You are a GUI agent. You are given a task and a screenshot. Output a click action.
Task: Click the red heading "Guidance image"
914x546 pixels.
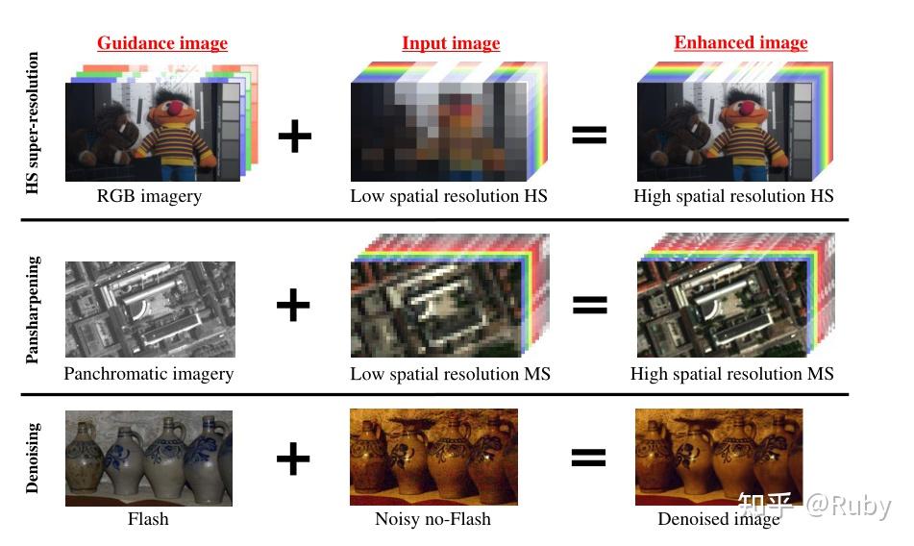(x=161, y=43)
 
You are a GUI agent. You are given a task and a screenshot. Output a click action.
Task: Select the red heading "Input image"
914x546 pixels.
(x=451, y=43)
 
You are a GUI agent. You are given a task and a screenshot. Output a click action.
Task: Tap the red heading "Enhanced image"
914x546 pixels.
(x=740, y=43)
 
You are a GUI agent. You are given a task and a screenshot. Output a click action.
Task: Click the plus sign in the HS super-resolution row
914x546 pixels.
(x=295, y=136)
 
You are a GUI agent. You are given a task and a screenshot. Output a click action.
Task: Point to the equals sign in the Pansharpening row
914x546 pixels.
(x=589, y=306)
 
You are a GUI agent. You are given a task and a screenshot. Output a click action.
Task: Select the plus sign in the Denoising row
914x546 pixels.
(x=293, y=459)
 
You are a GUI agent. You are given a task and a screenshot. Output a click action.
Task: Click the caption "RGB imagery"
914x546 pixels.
(x=149, y=196)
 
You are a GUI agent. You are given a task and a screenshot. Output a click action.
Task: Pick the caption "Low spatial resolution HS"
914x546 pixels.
(x=449, y=196)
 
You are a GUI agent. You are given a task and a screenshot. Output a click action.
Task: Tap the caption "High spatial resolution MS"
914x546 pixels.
(x=732, y=374)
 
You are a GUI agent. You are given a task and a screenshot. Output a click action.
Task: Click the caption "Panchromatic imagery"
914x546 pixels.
(x=149, y=374)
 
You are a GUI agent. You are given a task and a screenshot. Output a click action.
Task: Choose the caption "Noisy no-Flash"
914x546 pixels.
(x=432, y=519)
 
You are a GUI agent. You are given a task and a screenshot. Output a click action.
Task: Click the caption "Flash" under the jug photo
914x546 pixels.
(x=148, y=519)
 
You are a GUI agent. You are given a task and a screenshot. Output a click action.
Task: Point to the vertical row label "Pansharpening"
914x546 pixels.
(x=33, y=310)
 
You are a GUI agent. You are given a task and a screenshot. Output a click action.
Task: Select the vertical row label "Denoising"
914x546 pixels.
(x=33, y=457)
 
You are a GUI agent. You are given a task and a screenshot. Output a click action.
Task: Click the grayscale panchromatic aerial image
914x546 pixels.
(x=149, y=310)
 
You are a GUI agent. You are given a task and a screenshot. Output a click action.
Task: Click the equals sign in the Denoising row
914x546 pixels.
(x=589, y=459)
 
